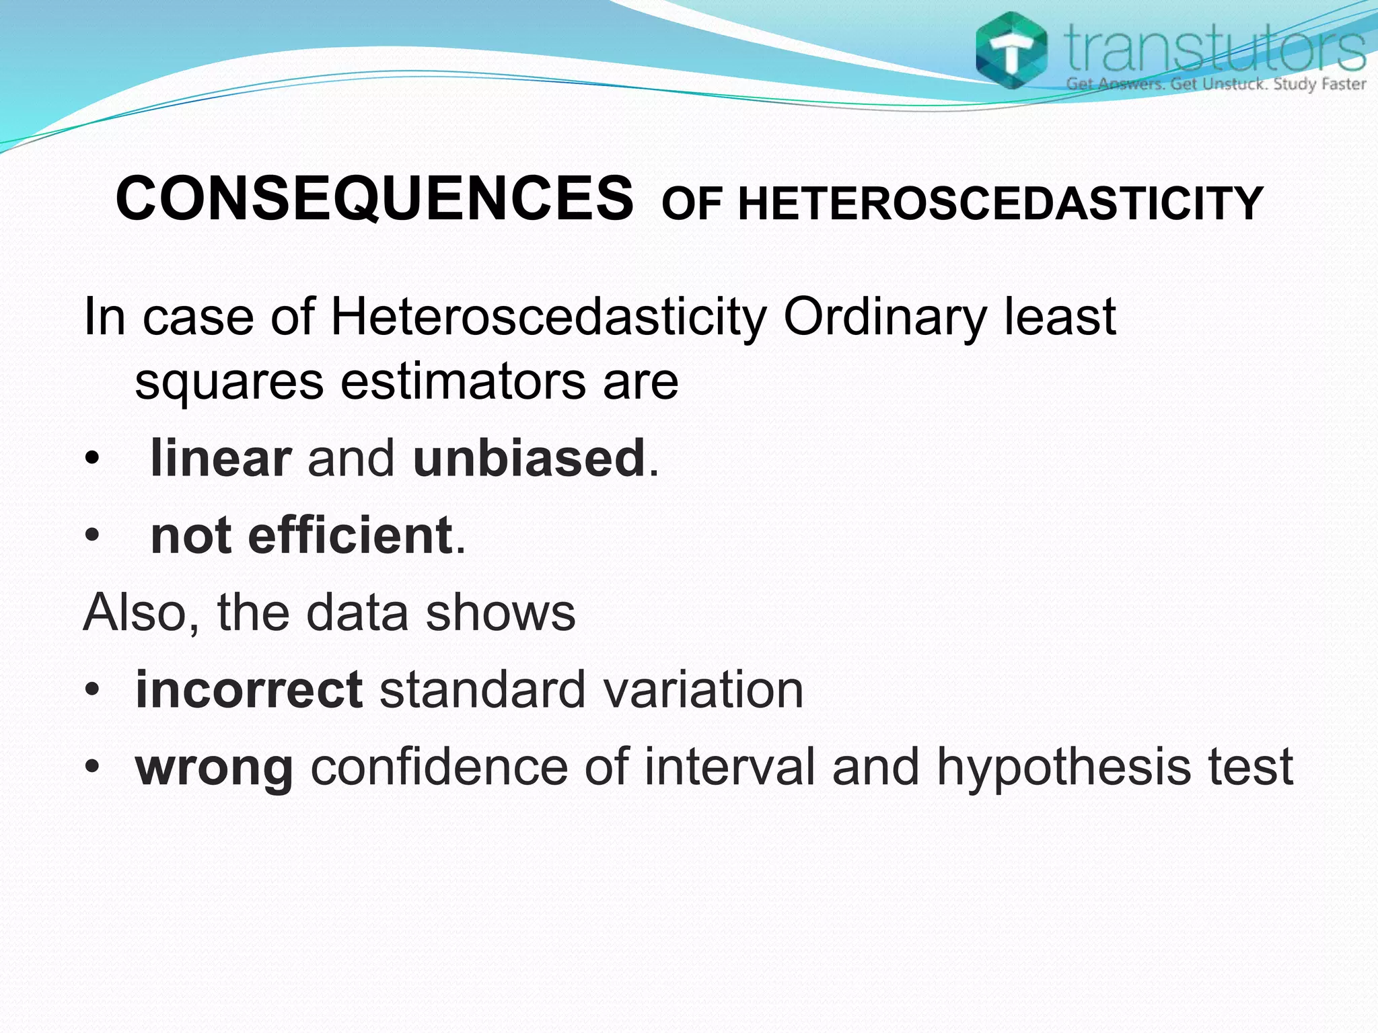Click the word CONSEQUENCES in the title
coord(374,198)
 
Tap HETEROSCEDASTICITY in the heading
coord(1001,204)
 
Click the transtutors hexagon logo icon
coord(1011,51)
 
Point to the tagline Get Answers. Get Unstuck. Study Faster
coord(1215,85)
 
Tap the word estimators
coord(463,381)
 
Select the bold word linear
coord(221,459)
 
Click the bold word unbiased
coord(529,459)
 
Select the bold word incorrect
coord(249,690)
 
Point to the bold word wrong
coord(214,768)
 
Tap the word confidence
coord(439,767)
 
